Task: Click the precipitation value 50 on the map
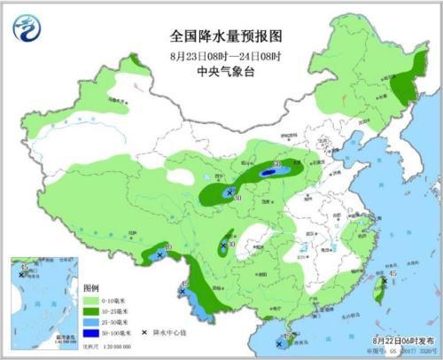277,163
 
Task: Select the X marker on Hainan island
280,339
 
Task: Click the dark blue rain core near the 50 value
268,167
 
